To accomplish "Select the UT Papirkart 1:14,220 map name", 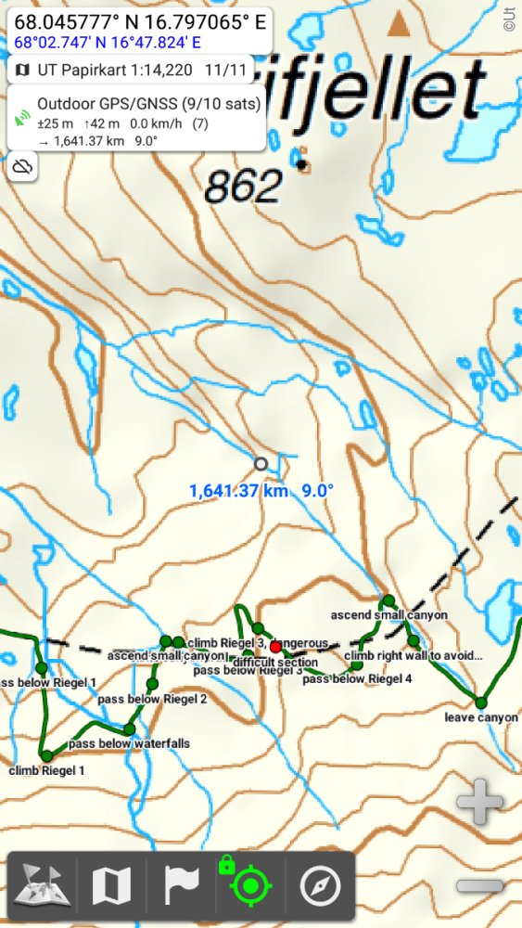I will tap(115, 70).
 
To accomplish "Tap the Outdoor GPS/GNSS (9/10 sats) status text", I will tap(148, 104).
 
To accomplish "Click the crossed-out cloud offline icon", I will tap(23, 167).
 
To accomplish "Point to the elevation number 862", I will tap(243, 188).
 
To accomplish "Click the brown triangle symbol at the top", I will tap(399, 24).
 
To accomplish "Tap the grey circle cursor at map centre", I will tap(261, 463).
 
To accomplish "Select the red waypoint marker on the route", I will tap(275, 647).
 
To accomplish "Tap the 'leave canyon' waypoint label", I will tap(480, 717).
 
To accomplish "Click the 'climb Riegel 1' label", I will tap(46, 770).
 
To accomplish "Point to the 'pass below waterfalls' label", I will tap(129, 743).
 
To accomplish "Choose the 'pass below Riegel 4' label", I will tap(357, 678).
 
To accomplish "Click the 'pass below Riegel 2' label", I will tap(153, 699).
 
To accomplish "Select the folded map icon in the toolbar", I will tap(111, 886).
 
